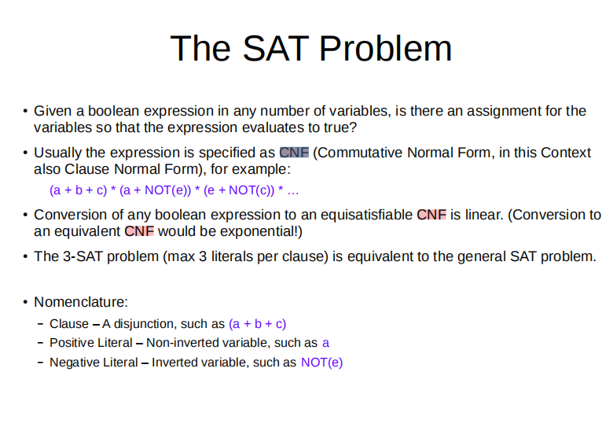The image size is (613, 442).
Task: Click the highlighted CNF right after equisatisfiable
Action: (431, 215)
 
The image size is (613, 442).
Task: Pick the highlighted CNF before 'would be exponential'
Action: (139, 231)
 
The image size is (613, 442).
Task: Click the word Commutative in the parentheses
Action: (359, 153)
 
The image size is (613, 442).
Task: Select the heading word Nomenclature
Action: (81, 302)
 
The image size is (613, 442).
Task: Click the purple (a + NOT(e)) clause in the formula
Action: (149, 190)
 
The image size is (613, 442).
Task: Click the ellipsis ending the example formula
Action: (293, 190)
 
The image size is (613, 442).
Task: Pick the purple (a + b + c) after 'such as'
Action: (257, 323)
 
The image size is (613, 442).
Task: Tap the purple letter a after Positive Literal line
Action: (325, 343)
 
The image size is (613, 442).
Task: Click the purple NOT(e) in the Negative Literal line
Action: (321, 363)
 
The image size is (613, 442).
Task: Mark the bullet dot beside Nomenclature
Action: (24, 303)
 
